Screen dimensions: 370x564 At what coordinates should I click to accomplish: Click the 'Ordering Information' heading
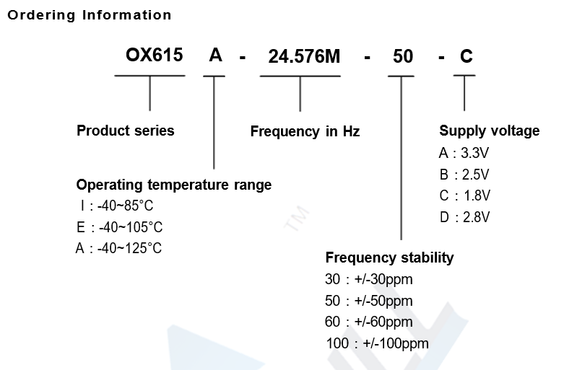tap(90, 15)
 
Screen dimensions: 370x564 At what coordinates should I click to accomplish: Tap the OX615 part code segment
tap(155, 56)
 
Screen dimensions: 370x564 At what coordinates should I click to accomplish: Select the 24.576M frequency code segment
tap(304, 57)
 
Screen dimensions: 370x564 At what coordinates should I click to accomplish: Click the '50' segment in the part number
tap(402, 57)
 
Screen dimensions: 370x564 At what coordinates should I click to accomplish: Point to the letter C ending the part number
tap(466, 56)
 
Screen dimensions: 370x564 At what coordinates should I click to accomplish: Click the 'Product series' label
tap(126, 131)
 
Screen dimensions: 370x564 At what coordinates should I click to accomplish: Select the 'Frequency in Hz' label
tap(305, 131)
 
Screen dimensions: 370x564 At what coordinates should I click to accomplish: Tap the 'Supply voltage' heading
tap(489, 131)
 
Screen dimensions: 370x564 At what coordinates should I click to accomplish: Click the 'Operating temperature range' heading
tap(174, 185)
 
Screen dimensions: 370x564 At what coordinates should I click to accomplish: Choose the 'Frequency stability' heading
tap(389, 257)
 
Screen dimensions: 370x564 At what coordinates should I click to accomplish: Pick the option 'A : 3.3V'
tap(464, 153)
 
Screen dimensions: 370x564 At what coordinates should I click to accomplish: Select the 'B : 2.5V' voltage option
tap(464, 175)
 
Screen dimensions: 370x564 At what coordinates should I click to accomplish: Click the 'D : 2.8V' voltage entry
tap(464, 217)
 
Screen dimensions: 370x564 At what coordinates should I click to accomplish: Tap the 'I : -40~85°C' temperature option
tap(116, 206)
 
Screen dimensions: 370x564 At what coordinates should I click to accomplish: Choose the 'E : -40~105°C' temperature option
tap(119, 228)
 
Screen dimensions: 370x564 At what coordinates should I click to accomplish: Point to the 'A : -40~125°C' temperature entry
tap(118, 249)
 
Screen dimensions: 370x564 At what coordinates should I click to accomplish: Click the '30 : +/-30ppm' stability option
tap(369, 279)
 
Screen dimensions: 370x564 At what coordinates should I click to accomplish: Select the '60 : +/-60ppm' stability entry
tap(369, 322)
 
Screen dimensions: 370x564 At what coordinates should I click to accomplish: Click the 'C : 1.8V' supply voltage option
tap(464, 195)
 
